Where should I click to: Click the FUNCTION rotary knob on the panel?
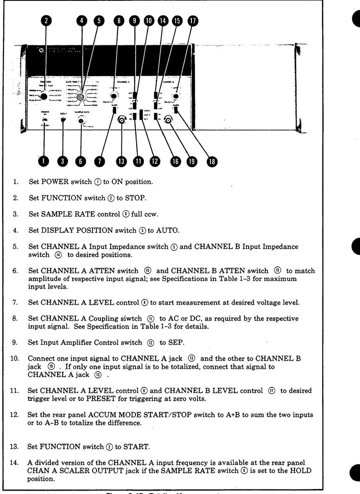point(44,97)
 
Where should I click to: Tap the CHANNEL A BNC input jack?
point(122,120)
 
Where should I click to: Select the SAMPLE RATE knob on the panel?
point(81,121)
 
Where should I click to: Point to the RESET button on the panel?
point(63,120)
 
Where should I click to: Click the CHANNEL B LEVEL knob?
point(176,97)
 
